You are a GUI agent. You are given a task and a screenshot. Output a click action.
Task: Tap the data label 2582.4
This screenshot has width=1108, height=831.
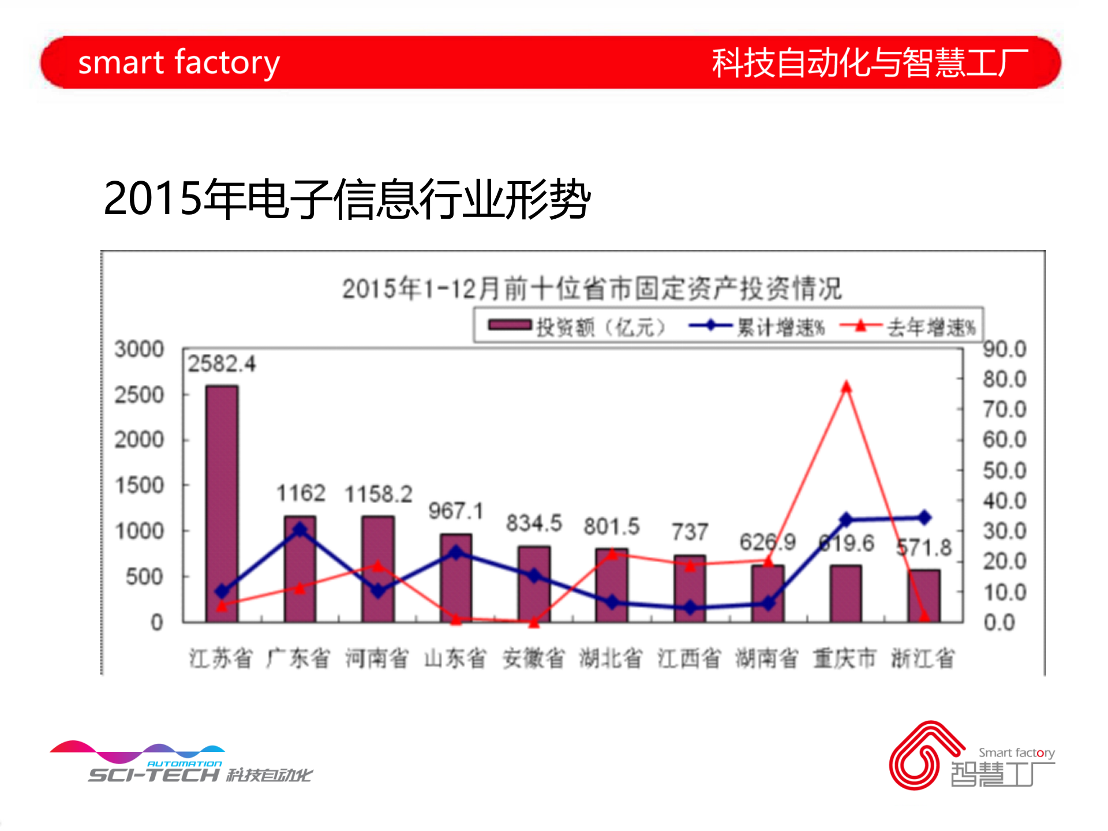222,364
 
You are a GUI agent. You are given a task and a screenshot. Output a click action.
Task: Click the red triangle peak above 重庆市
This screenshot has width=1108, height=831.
846,387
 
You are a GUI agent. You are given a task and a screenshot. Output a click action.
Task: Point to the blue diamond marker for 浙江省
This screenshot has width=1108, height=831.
924,518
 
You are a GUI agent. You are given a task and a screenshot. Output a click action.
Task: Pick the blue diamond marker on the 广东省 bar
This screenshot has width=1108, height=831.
300,529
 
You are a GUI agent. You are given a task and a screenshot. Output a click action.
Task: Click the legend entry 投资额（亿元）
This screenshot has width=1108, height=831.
577,327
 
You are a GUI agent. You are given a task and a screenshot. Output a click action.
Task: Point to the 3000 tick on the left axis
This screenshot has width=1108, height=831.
139,349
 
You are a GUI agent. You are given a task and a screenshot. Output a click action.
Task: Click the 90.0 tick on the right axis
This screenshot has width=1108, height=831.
1005,349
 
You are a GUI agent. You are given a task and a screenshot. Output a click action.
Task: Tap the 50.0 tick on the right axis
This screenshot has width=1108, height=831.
1005,470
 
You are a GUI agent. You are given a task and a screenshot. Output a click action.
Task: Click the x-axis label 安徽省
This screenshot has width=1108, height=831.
533,658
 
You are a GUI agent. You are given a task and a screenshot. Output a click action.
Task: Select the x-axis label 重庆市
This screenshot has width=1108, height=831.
845,658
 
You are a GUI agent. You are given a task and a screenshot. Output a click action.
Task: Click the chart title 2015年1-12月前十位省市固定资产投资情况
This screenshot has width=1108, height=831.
592,289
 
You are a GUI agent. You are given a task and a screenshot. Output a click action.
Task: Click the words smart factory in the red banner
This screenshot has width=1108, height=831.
179,62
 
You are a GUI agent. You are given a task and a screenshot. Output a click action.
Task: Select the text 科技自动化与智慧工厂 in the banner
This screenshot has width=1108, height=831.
870,62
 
